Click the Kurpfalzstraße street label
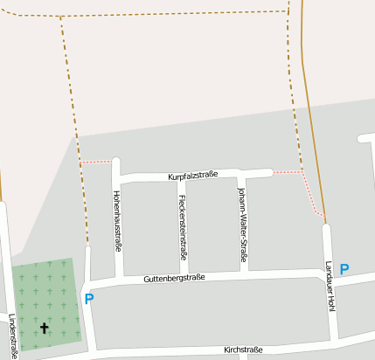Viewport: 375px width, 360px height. [x=193, y=176]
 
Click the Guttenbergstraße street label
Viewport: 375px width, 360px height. [x=175, y=278]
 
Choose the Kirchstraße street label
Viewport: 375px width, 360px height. [x=243, y=350]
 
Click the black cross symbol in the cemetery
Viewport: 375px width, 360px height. [x=45, y=329]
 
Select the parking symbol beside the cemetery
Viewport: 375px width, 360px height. [x=89, y=299]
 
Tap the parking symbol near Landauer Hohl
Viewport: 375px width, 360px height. [x=344, y=269]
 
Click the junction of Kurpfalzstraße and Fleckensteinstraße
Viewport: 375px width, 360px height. [x=182, y=178]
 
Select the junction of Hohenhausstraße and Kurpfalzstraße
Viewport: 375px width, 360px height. [x=116, y=177]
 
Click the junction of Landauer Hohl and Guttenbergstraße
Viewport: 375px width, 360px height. [x=330, y=274]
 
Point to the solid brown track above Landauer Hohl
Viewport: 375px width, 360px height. [x=310, y=105]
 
